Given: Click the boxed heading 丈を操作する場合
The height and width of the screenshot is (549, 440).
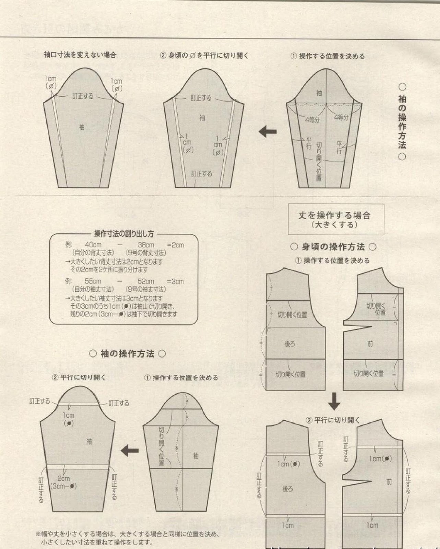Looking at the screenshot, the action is [334, 215].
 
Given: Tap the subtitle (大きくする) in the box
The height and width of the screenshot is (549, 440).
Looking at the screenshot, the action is [334, 225].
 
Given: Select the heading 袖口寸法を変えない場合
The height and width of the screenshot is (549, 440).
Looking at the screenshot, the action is [80, 55].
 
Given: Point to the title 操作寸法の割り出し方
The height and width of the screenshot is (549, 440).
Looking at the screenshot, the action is [124, 234].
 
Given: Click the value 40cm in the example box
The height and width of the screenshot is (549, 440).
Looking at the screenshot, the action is [93, 245].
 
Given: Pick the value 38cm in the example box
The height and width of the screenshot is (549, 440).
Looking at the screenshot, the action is [146, 245].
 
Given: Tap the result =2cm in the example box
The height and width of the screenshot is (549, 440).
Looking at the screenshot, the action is [175, 245].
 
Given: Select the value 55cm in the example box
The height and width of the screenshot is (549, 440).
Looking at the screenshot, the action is [93, 281].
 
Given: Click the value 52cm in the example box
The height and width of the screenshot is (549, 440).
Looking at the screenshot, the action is [145, 281].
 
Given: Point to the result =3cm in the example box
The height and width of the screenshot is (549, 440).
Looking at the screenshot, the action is [175, 281].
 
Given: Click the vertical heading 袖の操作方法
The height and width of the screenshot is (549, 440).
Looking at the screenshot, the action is [402, 122].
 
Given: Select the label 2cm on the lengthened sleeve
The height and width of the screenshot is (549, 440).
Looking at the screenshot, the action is [63, 478].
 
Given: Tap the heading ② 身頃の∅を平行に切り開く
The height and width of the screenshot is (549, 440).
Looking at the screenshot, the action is [204, 56].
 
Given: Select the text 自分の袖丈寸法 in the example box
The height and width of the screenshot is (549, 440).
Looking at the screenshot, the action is [93, 289].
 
